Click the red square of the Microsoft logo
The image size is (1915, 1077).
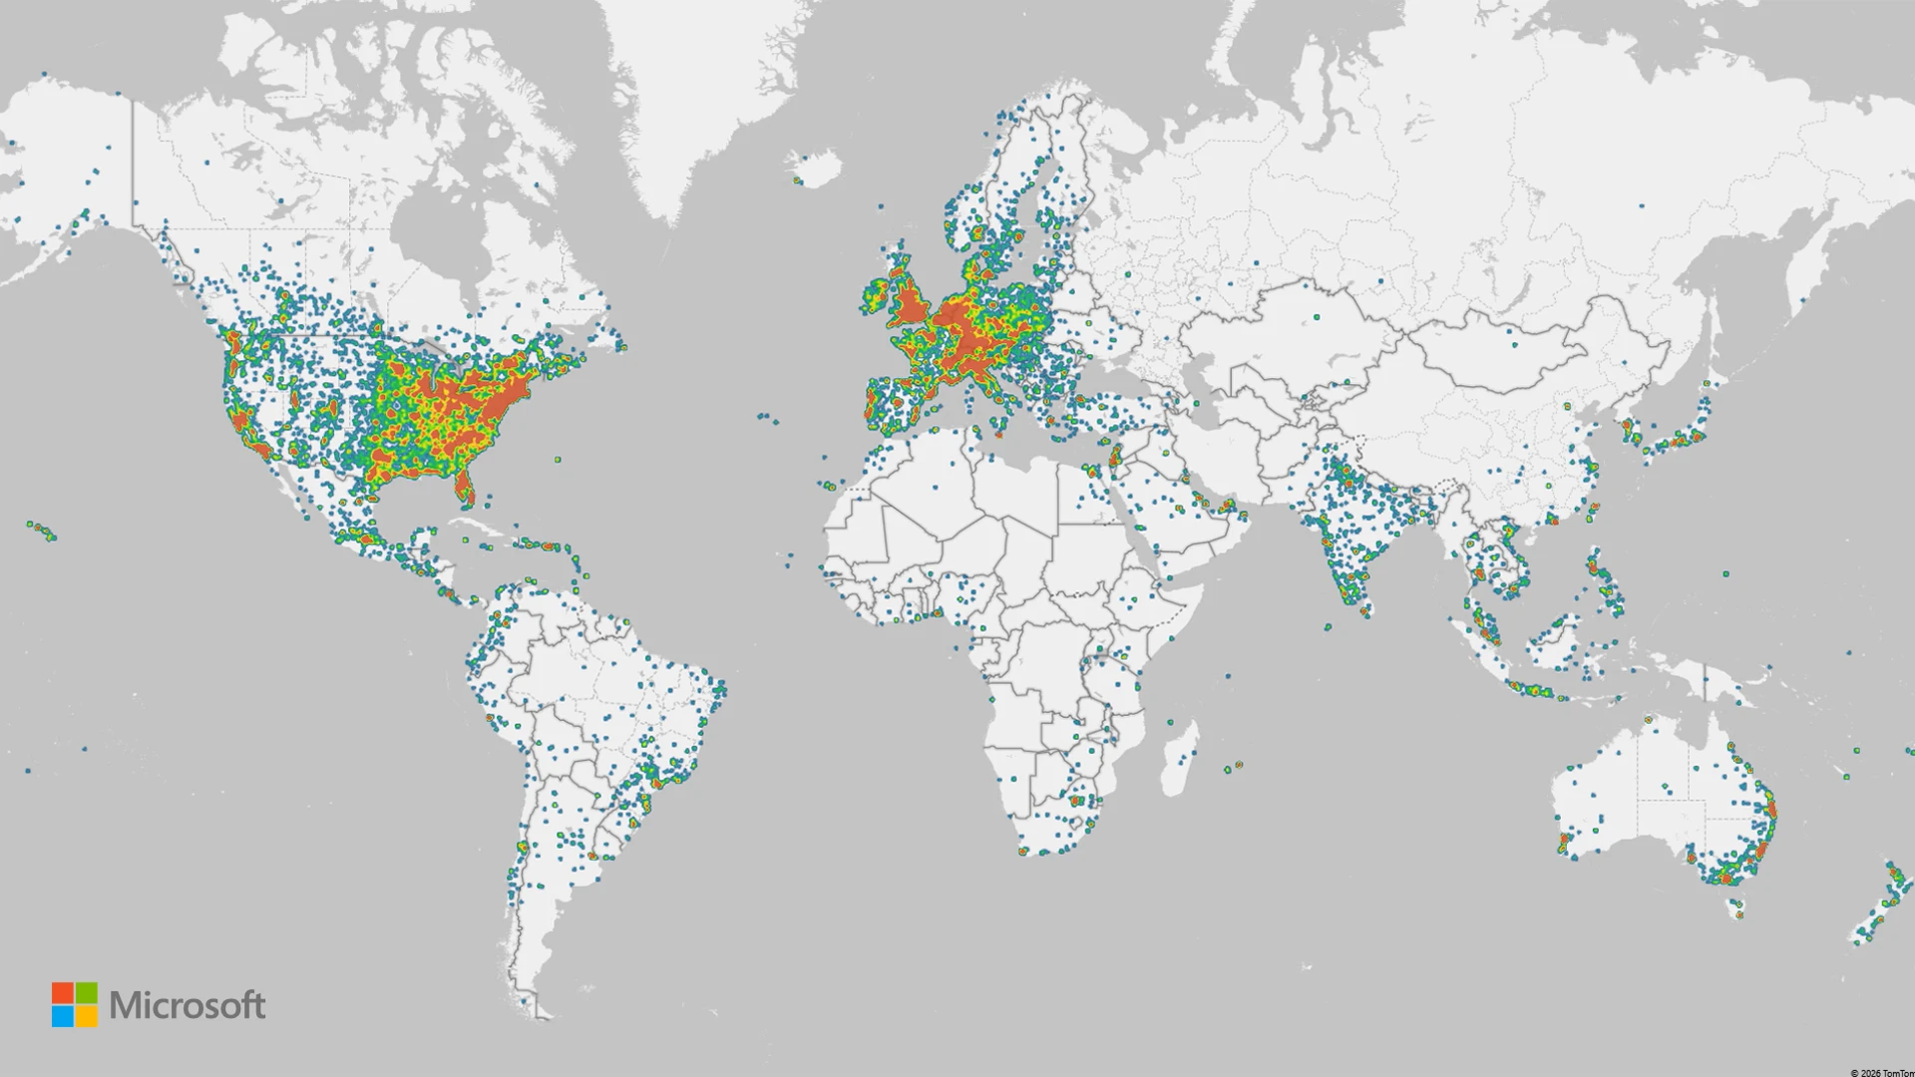(x=63, y=993)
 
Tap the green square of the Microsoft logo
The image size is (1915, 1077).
(x=87, y=993)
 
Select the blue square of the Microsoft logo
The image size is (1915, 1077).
(x=63, y=1016)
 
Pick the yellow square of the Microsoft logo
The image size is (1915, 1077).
(x=87, y=1016)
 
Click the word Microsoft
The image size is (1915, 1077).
(x=188, y=1005)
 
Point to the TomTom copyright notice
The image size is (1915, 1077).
(x=1881, y=1072)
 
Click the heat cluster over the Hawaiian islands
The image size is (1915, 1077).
(x=42, y=531)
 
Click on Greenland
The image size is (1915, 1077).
(x=688, y=100)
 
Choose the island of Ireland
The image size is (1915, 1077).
(x=875, y=297)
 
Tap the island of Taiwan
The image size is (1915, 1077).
(x=1592, y=512)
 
